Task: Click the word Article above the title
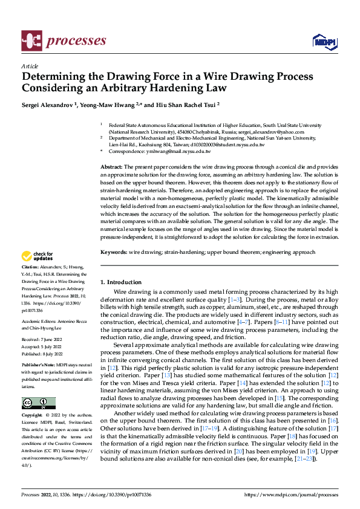(29, 66)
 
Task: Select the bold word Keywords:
(114, 252)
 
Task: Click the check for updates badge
(39, 256)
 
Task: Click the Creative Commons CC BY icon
(38, 386)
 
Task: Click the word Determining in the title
(53, 77)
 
